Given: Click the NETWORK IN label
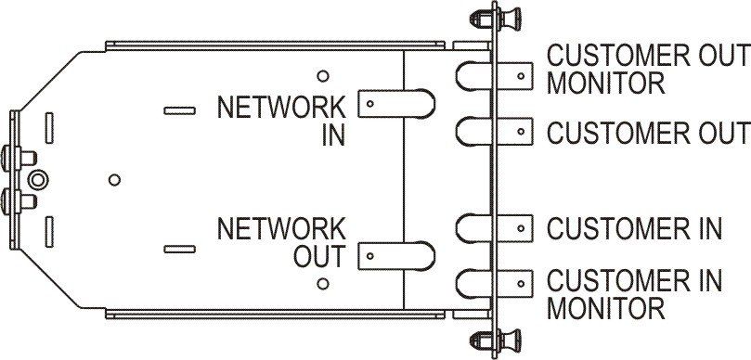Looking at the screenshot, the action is tap(281, 122).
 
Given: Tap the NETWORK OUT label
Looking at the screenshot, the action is tap(281, 243).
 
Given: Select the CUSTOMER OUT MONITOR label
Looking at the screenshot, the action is tap(649, 70).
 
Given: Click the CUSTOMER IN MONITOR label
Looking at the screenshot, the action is tap(634, 294).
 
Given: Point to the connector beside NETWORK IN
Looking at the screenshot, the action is tap(396, 103).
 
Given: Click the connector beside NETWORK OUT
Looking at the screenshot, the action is tap(396, 256).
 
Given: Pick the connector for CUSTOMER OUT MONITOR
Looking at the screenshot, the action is tap(494, 76).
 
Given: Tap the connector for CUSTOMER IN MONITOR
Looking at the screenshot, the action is tap(494, 284).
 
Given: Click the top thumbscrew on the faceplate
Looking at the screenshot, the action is tap(496, 19).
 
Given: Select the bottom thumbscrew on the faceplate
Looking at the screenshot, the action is tap(496, 340).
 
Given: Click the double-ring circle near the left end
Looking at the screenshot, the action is tap(38, 180).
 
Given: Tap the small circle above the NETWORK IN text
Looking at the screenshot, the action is tap(323, 76).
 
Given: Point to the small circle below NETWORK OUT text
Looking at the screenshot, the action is tap(323, 283).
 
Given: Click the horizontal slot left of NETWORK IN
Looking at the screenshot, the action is tap(179, 111).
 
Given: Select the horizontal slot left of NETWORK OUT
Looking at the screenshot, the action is tap(179, 249).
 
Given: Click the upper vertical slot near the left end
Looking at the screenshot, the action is tap(49, 128).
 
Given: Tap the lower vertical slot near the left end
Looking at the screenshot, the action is tap(49, 232).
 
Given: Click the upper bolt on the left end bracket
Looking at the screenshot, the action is tap(19, 158).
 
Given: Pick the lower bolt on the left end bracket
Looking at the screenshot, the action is tap(19, 201).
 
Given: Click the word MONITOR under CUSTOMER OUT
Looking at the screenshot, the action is tap(606, 84).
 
